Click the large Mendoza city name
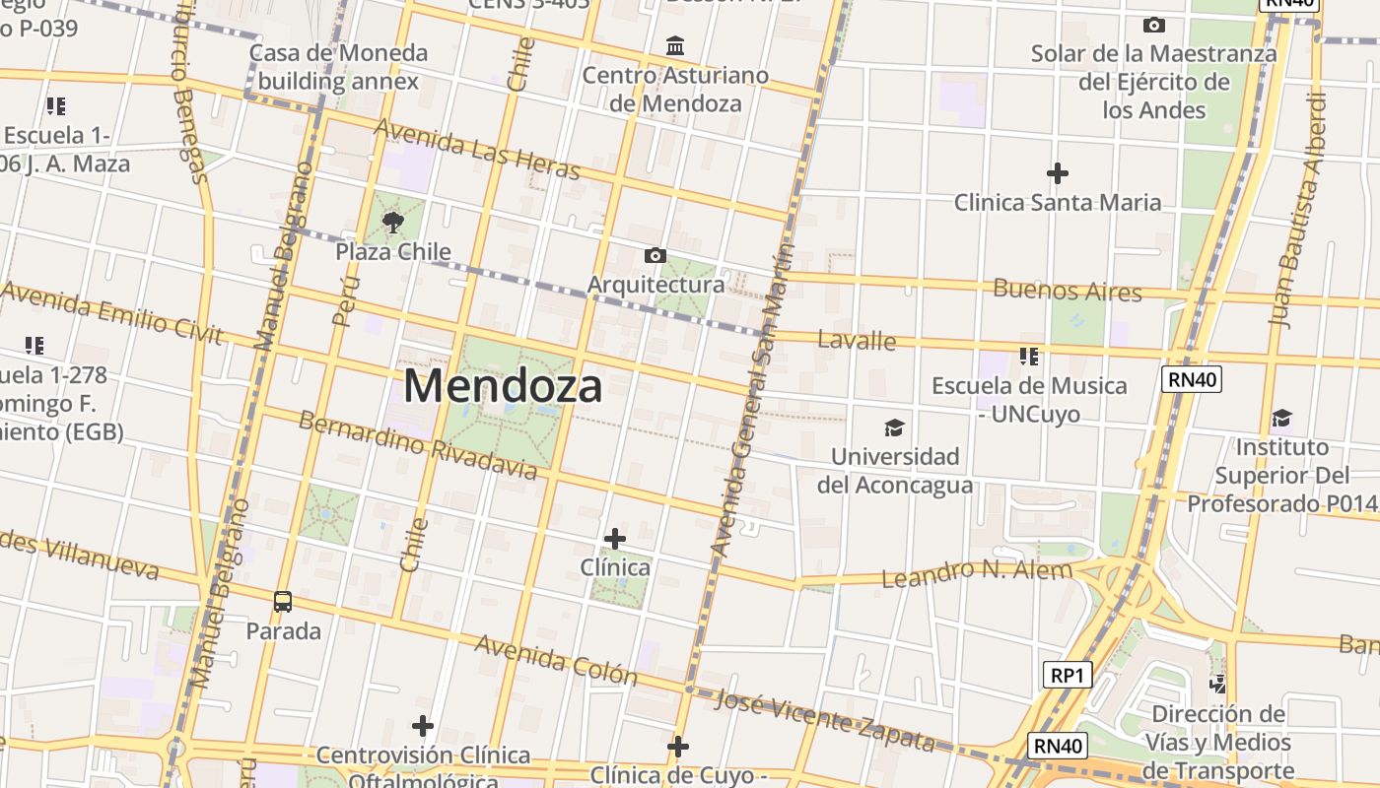[x=503, y=386]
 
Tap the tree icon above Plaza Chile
[x=393, y=222]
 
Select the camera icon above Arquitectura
[x=655, y=256]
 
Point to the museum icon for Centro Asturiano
[x=675, y=46]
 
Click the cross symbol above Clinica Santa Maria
[x=1057, y=174]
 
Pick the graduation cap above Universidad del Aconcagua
[x=894, y=427]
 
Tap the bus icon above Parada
[x=283, y=601]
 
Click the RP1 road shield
[x=1068, y=675]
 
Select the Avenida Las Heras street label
[x=477, y=149]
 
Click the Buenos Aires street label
[x=1068, y=291]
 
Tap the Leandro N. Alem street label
[x=976, y=573]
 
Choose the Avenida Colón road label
[x=556, y=658]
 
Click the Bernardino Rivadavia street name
[x=418, y=445]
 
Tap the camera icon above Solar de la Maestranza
[x=1153, y=26]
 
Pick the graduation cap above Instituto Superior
[x=1281, y=419]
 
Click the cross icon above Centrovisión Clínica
[x=423, y=727]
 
